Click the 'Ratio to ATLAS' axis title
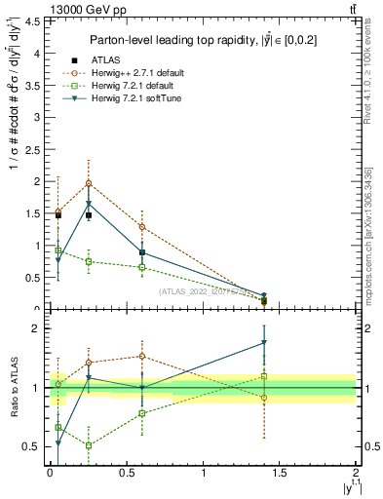coord(13,388)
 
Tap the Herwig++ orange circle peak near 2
coord(89,183)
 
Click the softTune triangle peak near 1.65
coord(89,204)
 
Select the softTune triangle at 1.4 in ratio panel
coord(264,342)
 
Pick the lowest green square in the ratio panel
coord(89,445)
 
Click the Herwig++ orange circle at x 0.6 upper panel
coord(142,227)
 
